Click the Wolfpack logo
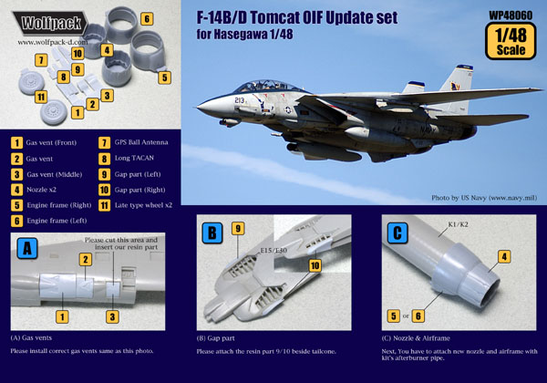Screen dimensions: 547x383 pos(49,24)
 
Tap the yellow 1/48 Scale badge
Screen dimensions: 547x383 pos(511,41)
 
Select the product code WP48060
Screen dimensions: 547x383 pos(511,16)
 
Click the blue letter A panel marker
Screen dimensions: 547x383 pos(26,248)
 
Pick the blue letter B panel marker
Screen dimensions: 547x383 pos(212,233)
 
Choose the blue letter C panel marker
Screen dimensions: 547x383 pos(397,233)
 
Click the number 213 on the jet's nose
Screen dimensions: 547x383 pos(240,100)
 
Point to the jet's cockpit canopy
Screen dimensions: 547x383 pos(266,87)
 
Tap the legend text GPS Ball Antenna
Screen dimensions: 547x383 pos(141,142)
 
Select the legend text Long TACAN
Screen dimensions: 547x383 pos(134,158)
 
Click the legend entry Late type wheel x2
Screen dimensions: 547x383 pos(143,205)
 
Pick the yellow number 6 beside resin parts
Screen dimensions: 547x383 pos(147,18)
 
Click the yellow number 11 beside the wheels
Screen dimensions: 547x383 pos(41,97)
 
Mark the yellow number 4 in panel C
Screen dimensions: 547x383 pos(504,257)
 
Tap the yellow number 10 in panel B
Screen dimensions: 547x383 pos(315,265)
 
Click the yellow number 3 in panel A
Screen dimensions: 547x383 pos(112,316)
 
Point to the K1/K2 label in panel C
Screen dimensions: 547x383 pos(458,224)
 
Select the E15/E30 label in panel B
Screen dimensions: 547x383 pos(273,251)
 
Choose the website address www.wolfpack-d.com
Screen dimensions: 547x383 pos(53,42)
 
